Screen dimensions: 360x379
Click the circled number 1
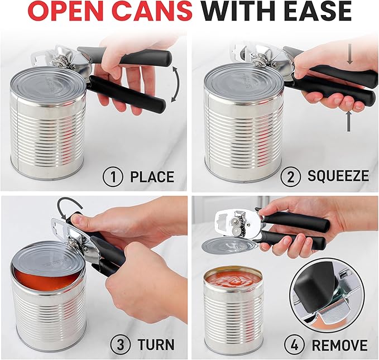click(112, 177)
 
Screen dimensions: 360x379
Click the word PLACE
click(152, 177)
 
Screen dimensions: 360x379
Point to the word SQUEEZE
click(338, 176)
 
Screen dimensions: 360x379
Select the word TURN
click(152, 344)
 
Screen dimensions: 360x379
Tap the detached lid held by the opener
click(224, 245)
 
